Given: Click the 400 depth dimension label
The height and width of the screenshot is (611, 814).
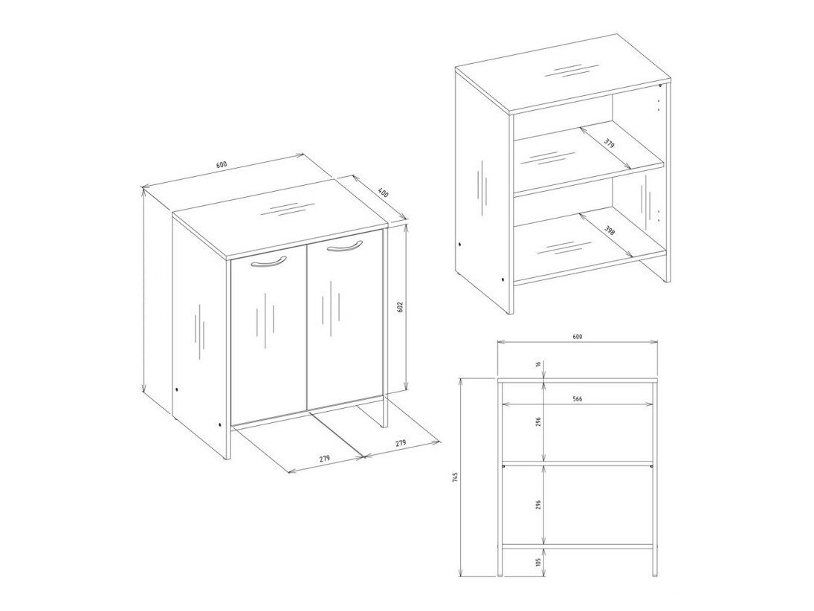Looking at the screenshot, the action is point(382,193).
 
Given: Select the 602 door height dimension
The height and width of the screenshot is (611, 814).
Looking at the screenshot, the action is point(399,307).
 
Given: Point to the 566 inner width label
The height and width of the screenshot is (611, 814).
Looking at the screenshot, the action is point(578,398).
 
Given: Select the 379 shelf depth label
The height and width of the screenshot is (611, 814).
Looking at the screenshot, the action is point(610,143).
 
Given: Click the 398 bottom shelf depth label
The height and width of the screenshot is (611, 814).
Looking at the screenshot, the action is point(610,230).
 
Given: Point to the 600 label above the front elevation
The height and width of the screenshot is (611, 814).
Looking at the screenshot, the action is point(578,337).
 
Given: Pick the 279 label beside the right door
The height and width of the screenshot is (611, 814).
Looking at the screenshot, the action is point(400,443).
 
